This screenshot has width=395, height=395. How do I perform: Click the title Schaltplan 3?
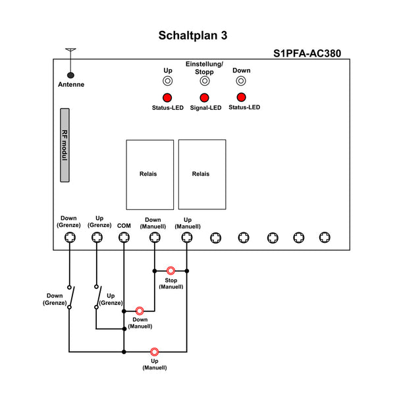[x=193, y=36]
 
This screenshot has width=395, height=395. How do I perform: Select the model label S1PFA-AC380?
[x=307, y=54]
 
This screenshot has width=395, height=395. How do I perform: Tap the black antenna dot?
[x=70, y=76]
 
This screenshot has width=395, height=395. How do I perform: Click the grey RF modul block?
[x=65, y=145]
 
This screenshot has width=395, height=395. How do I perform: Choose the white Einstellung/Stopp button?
[x=205, y=81]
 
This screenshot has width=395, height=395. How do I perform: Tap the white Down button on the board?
[x=241, y=81]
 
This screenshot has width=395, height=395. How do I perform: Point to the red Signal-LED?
[x=205, y=98]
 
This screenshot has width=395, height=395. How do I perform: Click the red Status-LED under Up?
[x=168, y=98]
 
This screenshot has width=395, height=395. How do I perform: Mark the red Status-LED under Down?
[x=241, y=98]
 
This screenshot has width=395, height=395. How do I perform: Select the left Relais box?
[x=149, y=174]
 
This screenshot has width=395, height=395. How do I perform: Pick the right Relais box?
[x=201, y=174]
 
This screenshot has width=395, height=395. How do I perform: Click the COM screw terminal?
[x=124, y=238]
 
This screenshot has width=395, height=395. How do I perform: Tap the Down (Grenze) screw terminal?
[x=69, y=238]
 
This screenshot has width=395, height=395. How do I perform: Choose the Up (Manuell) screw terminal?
[x=187, y=238]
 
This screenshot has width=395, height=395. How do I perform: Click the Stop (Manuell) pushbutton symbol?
[x=171, y=270]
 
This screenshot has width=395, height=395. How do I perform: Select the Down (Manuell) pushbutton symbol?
[x=140, y=310]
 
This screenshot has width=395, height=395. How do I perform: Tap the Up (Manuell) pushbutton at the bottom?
[x=154, y=352]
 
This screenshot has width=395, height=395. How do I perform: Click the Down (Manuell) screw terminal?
[x=153, y=238]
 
